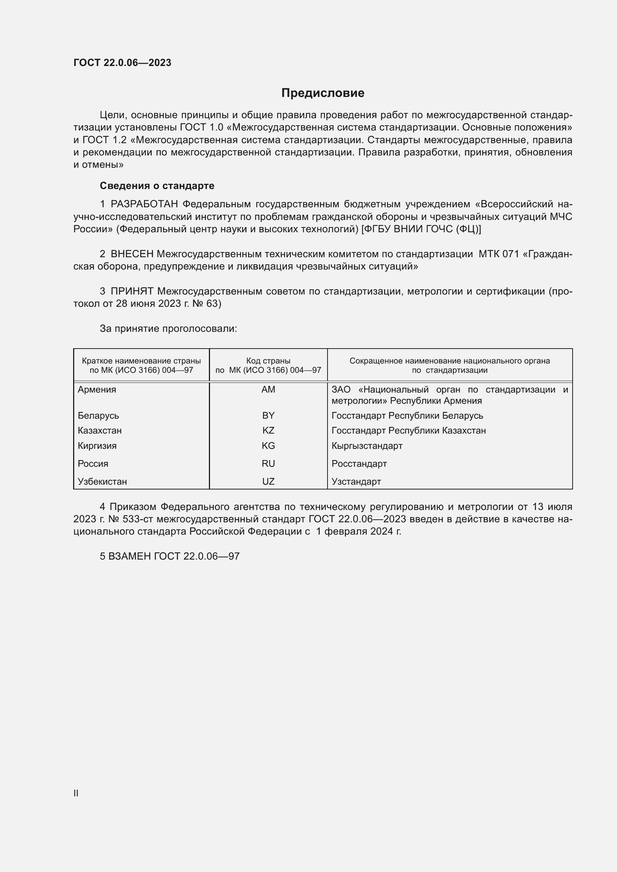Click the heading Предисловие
point(323,93)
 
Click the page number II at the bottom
point(76,793)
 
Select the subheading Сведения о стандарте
point(157,186)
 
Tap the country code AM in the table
point(268,390)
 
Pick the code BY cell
point(268,415)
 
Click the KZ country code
point(268,431)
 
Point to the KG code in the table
point(268,446)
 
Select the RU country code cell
point(268,464)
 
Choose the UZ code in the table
point(268,482)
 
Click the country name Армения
point(97,390)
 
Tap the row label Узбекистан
point(102,482)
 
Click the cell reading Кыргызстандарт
point(367,446)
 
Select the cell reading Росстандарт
point(359,464)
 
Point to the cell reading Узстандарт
point(356,482)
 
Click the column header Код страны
point(268,361)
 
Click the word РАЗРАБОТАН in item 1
point(144,204)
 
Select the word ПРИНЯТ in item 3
point(132,291)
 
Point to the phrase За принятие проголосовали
point(168,328)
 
